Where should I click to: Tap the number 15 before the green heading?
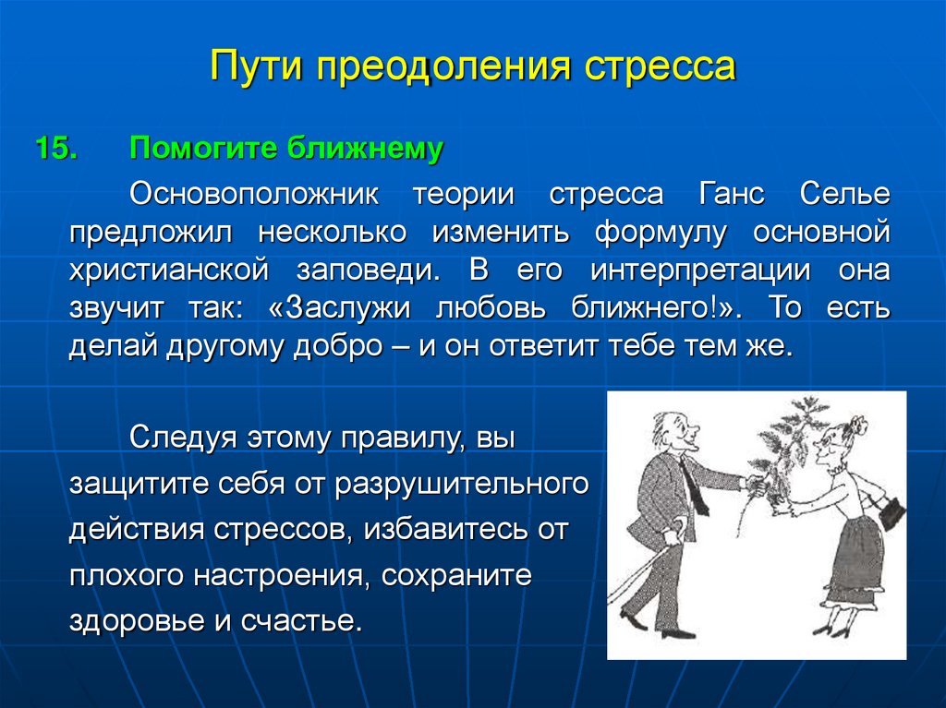click(x=56, y=149)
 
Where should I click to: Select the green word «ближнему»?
click(x=365, y=149)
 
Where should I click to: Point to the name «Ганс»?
click(x=732, y=194)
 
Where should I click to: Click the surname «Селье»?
click(x=845, y=194)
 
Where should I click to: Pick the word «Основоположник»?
click(x=254, y=194)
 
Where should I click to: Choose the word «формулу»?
click(x=661, y=233)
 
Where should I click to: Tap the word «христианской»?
click(x=169, y=270)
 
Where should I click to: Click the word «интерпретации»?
click(x=700, y=270)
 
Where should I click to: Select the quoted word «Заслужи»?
click(x=340, y=307)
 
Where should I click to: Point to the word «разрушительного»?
click(x=462, y=485)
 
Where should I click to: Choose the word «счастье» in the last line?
click(x=302, y=621)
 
